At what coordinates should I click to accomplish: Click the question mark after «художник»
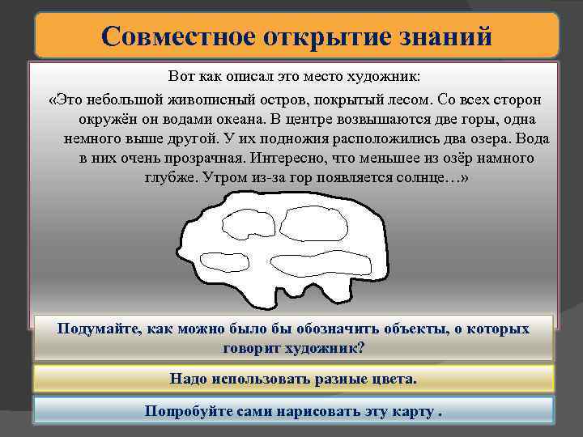point(361,348)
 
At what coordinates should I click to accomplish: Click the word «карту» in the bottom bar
point(407,409)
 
